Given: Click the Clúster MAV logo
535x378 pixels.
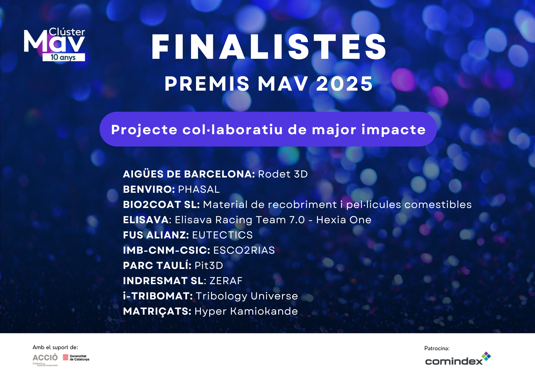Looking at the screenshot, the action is click(x=55, y=44).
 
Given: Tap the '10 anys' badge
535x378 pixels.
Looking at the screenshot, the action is click(x=64, y=57).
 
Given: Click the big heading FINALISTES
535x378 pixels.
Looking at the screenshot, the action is click(x=269, y=47).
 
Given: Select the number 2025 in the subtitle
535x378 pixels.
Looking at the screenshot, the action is click(x=345, y=84).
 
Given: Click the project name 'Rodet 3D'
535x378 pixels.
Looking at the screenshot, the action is click(x=283, y=174).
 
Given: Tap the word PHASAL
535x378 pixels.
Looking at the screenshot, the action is click(x=199, y=189).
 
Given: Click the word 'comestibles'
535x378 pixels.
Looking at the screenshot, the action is click(x=438, y=205).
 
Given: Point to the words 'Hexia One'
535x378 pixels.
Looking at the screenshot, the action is click(x=344, y=220).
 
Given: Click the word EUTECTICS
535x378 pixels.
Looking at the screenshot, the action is click(x=222, y=235).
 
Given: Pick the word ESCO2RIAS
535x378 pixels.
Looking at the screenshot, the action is click(x=244, y=250).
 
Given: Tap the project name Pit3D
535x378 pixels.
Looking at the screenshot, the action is click(x=209, y=265).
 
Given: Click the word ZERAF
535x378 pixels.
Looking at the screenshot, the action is click(x=226, y=281).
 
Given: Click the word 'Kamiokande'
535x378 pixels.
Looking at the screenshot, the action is click(x=264, y=311).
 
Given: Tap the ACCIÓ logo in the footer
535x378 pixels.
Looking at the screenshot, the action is click(x=45, y=360).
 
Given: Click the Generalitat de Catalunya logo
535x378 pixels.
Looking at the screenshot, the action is click(x=76, y=358).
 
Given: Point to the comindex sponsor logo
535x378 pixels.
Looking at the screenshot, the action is click(x=458, y=359).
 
